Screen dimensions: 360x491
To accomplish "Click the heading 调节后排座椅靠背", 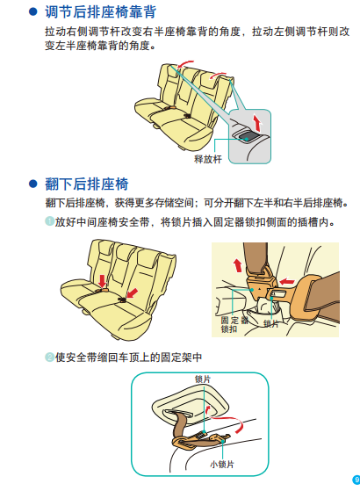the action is (100, 12).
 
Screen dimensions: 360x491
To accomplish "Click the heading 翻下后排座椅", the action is (87, 184).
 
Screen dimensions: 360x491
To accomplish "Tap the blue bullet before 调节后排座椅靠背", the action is (32, 11).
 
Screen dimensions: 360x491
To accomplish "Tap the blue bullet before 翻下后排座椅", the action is (32, 184).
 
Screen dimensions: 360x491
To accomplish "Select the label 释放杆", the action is (208, 159).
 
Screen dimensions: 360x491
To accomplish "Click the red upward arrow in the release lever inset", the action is (257, 123).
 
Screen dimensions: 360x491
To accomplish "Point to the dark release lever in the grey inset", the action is (247, 137).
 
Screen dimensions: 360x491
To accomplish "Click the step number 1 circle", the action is (49, 221).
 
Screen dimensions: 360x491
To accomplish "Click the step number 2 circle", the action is (49, 357).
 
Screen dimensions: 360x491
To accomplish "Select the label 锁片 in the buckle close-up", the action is (271, 324).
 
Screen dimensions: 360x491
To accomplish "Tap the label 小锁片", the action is (222, 464).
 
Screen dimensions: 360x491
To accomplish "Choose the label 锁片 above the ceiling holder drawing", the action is (203, 379).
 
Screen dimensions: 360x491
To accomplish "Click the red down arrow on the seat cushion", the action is (103, 281).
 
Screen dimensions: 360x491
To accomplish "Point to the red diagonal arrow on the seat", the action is (133, 293).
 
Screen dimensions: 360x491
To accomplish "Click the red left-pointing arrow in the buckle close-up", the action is (287, 281).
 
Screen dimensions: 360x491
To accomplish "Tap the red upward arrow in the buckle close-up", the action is (238, 265).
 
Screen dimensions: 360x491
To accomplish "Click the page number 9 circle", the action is (356, 480).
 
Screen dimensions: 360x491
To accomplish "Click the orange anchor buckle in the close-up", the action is (260, 285).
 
